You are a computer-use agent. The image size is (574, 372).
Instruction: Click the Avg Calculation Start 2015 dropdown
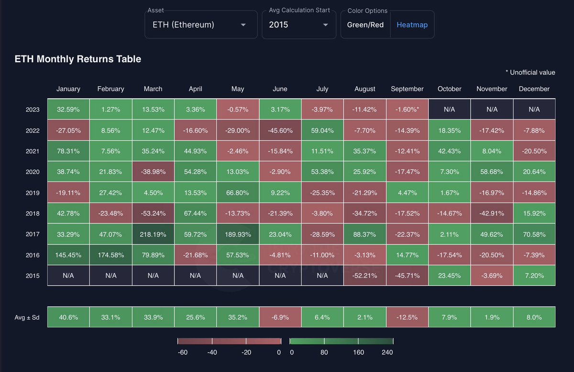298,25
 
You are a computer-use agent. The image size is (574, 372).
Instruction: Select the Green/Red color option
365,25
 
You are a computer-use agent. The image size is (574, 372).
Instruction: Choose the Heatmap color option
412,25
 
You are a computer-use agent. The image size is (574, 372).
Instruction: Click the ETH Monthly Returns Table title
78,59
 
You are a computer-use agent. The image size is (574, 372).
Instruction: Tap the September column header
407,89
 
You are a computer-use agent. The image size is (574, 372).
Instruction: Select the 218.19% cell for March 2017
153,235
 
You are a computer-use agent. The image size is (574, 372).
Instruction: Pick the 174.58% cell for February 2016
110,256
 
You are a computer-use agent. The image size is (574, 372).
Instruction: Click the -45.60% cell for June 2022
280,131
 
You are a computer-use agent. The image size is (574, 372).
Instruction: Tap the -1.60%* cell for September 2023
407,110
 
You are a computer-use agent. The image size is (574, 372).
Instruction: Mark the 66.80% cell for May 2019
238,193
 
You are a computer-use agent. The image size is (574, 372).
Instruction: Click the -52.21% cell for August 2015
365,276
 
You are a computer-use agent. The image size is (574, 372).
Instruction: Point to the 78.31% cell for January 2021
68,151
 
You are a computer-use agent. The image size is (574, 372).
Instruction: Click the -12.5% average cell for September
407,317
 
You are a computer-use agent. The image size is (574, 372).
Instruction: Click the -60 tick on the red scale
182,352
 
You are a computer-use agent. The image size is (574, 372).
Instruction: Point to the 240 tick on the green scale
387,352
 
